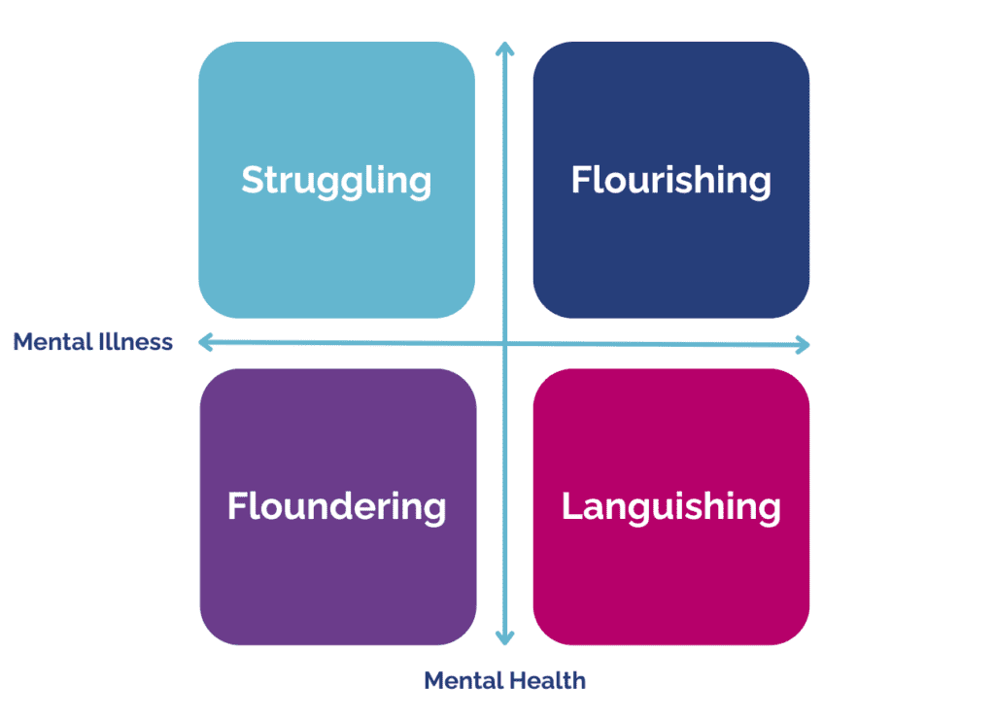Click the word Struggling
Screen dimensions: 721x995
pos(336,181)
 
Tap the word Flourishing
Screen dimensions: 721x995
pos(670,181)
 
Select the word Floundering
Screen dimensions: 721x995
pos(336,507)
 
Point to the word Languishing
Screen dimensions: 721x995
pos(670,507)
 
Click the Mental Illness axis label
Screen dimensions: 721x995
pos(93,342)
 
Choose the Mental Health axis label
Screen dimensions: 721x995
pos(504,680)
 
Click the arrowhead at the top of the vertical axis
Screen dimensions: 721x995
pos(503,49)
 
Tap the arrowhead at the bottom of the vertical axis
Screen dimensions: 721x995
pos(503,637)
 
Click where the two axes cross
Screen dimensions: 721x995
pos(503,342)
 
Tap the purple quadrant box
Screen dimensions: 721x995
pos(337,583)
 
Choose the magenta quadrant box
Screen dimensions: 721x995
pos(670,583)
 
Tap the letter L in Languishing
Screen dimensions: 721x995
pos(571,507)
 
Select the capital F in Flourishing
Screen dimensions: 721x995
pos(580,181)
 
